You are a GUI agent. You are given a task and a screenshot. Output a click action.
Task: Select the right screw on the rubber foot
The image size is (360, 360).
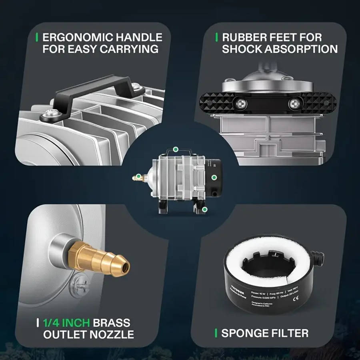294,104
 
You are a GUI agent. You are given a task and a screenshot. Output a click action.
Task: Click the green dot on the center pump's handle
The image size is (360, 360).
175,150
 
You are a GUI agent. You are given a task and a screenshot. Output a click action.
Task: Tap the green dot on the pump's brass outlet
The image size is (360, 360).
138,176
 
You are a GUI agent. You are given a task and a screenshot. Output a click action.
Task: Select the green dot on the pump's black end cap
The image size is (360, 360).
214,177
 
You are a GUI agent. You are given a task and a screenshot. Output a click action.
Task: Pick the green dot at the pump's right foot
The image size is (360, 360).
204,209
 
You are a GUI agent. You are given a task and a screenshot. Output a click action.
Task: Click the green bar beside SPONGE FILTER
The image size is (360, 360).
216,333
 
